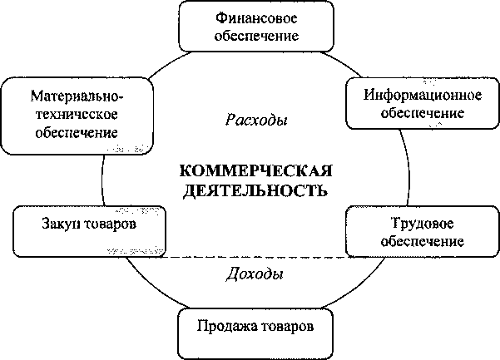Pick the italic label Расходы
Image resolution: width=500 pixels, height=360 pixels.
coord(256,120)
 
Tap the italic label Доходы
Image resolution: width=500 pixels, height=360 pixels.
coord(254,274)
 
